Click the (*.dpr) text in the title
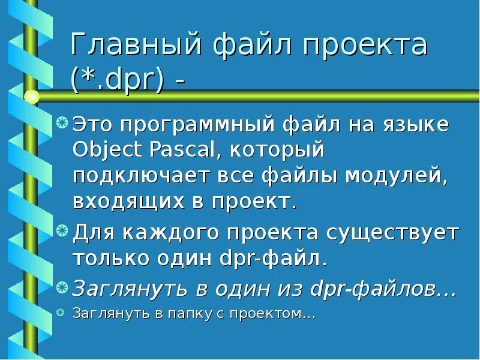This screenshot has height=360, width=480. pos(118,80)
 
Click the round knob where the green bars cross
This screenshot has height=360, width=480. pos(32,96)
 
